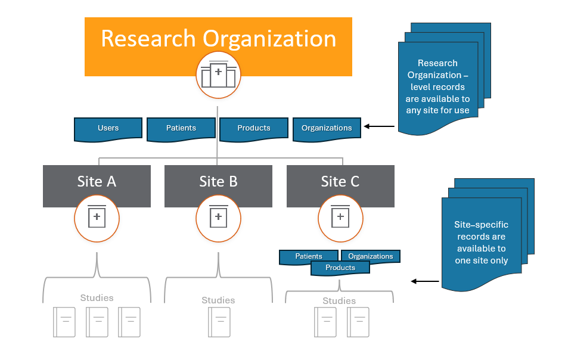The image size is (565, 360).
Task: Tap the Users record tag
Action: click(108, 128)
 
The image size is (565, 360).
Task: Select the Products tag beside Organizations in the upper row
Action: click(254, 128)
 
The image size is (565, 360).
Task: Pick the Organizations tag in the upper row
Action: click(327, 128)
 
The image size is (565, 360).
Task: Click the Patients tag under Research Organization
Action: click(181, 128)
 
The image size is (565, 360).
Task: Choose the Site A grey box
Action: click(97, 182)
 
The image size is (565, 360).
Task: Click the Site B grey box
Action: click(218, 182)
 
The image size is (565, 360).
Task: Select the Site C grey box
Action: click(340, 182)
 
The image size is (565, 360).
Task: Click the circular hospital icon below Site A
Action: click(97, 218)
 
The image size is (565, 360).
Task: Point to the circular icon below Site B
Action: click(218, 218)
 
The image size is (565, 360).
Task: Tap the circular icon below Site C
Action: click(340, 218)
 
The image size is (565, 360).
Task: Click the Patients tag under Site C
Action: click(309, 256)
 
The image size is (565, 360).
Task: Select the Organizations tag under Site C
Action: click(371, 256)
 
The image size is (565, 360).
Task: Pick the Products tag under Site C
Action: click(340, 268)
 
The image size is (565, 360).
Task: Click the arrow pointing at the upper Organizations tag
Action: click(379, 126)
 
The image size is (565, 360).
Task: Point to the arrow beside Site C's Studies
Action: click(424, 281)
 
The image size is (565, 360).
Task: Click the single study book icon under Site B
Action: click(218, 322)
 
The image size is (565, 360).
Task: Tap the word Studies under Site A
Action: click(97, 298)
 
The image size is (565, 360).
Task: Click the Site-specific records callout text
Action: click(480, 243)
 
